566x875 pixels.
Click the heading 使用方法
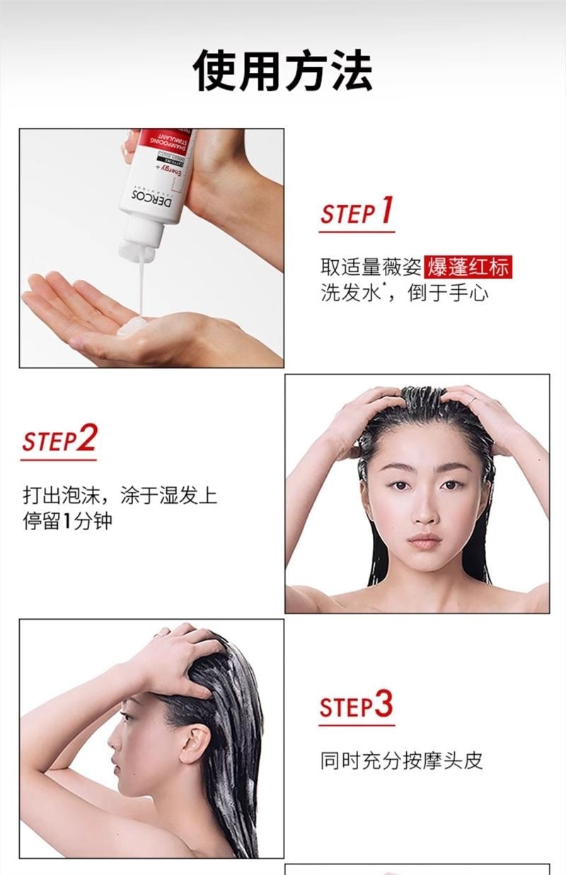pyautogui.click(x=283, y=71)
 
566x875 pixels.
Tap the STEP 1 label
pyautogui.click(x=356, y=211)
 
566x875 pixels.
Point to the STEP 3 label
pyautogui.click(x=356, y=705)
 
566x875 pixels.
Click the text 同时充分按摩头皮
pyautogui.click(x=401, y=761)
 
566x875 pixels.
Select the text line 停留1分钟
pyautogui.click(x=67, y=522)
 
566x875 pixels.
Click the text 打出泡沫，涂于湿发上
pyautogui.click(x=120, y=495)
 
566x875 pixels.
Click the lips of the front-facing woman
pyautogui.click(x=424, y=541)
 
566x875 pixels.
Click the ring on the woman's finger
pyautogui.click(x=472, y=400)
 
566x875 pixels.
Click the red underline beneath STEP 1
pyautogui.click(x=356, y=231)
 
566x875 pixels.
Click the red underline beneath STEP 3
pyautogui.click(x=356, y=724)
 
